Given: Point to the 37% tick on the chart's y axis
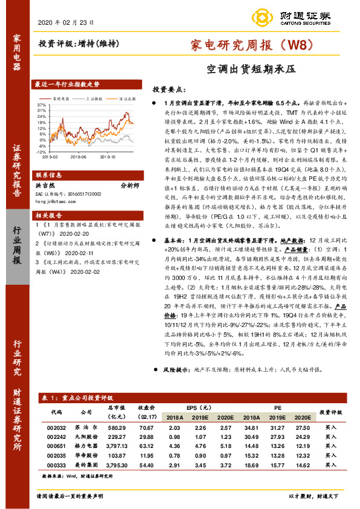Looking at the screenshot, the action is pyautogui.click(x=42, y=105).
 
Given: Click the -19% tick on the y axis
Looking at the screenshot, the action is pyautogui.click(x=42, y=154).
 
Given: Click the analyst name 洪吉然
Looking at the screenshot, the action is pyautogui.click(x=48, y=187).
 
